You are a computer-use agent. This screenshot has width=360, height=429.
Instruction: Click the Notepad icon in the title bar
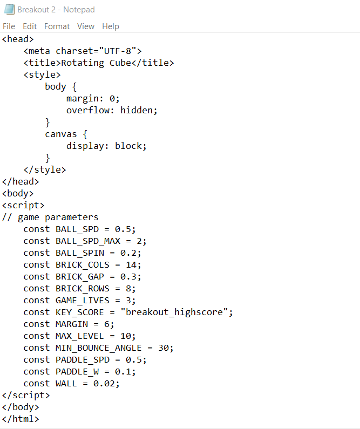pyautogui.click(x=9, y=9)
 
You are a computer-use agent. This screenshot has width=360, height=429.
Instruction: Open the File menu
pyautogui.click(x=9, y=26)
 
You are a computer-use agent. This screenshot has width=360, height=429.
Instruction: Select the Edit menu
pyautogui.click(x=30, y=26)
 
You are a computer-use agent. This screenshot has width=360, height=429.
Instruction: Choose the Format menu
pyautogui.click(x=57, y=26)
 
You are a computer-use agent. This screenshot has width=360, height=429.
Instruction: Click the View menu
pyautogui.click(x=86, y=26)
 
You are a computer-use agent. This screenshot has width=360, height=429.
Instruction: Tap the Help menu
pyautogui.click(x=111, y=26)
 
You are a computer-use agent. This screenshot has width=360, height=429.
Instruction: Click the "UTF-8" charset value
pyautogui.click(x=118, y=51)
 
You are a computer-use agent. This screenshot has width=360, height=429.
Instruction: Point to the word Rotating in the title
pyautogui.click(x=83, y=63)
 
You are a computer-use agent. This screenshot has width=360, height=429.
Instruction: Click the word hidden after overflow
pyautogui.click(x=136, y=110)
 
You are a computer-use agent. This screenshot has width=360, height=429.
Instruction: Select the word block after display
pyautogui.click(x=128, y=146)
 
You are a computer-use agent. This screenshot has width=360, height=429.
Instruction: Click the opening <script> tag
pyautogui.click(x=23, y=206)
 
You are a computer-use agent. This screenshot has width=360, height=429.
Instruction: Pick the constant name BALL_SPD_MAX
pyautogui.click(x=88, y=241)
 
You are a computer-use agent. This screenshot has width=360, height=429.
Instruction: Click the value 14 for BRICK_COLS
pyautogui.click(x=131, y=265)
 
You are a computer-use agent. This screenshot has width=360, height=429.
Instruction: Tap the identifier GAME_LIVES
pyautogui.click(x=83, y=301)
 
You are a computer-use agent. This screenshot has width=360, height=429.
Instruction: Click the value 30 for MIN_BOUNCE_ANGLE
pyautogui.click(x=164, y=348)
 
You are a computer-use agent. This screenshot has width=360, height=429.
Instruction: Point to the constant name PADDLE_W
pyautogui.click(x=77, y=372)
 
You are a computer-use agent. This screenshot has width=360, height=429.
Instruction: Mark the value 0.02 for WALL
pyautogui.click(x=104, y=384)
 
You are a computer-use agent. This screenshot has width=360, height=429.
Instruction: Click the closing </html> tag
pyautogui.click(x=21, y=419)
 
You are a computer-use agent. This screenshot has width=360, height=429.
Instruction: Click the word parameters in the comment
pyautogui.click(x=71, y=217)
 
